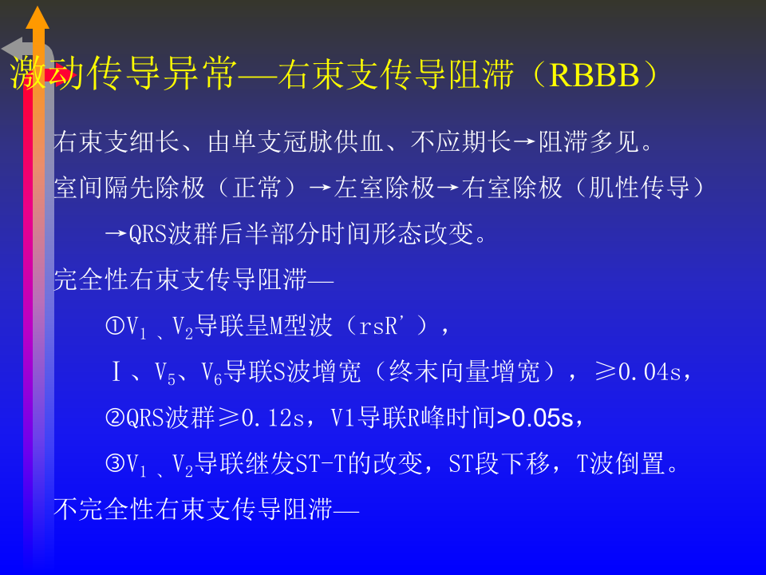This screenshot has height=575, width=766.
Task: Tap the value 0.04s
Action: [650, 372]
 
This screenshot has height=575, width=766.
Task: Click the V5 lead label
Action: [164, 373]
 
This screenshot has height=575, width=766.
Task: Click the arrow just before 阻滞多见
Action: [523, 144]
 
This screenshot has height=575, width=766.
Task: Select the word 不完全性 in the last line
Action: [92, 510]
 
